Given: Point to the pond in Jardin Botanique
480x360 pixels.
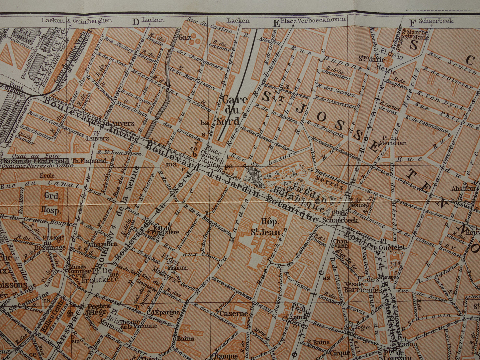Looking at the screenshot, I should pos(255,177).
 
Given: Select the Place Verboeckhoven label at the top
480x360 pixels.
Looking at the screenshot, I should pos(313,20).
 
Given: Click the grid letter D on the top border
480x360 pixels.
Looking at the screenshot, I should pos(135,22).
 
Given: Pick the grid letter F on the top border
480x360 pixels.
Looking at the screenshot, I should pos(412,23).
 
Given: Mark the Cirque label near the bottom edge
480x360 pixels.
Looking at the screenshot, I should pos(339,353).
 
